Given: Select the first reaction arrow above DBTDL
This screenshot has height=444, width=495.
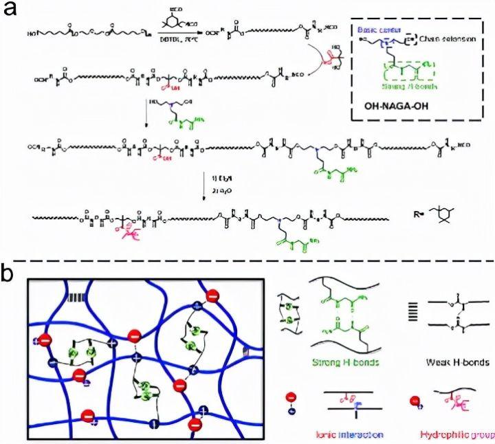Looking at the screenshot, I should (177, 32).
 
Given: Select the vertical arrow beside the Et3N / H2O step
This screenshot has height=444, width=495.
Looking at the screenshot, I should (206, 186).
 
